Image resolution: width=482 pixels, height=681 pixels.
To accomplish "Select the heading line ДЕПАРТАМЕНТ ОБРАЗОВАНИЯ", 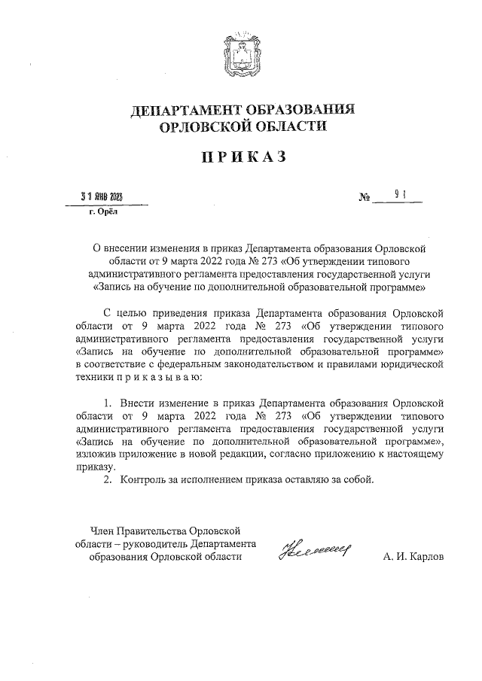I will pyautogui.click(x=243, y=109).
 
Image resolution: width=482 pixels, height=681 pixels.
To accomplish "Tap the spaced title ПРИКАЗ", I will pyautogui.click(x=243, y=157).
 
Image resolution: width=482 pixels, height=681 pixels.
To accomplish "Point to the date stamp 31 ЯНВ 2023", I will pyautogui.click(x=102, y=197).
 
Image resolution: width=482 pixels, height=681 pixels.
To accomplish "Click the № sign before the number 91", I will pyautogui.click(x=367, y=199).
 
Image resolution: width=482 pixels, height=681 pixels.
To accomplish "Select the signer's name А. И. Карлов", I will pyautogui.click(x=413, y=557).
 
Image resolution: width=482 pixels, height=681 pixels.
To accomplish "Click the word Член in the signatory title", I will pyautogui.click(x=102, y=530).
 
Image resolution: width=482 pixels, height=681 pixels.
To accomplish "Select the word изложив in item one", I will pyautogui.click(x=96, y=454).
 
